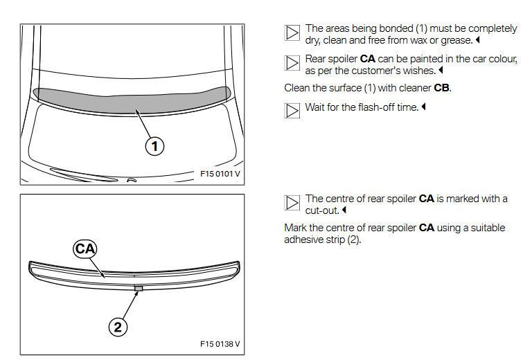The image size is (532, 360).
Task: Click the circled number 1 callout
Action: coord(154,145)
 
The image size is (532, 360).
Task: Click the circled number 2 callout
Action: coord(118,326)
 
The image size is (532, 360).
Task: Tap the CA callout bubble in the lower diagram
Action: coord(86,248)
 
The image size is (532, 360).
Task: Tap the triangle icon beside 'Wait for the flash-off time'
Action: coord(292,110)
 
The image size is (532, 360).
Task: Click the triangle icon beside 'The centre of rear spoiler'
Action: coord(292,202)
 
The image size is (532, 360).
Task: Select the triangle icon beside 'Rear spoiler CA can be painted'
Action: coord(292,62)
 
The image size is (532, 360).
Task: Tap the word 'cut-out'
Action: coord(321,210)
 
